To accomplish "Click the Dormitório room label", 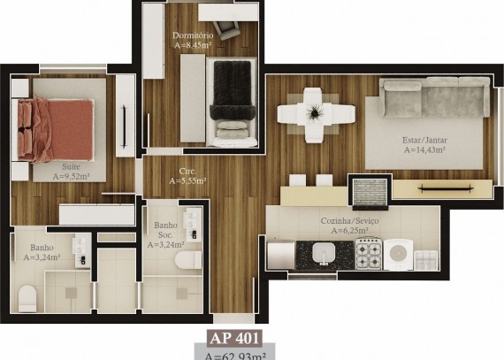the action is coord(193,35).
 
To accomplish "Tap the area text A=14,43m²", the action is coord(424,149).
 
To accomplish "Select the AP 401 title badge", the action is coord(234,338).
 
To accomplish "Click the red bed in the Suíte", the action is coord(56,129).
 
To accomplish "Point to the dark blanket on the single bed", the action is coord(232,89).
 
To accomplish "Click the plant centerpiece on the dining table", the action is coord(315,112).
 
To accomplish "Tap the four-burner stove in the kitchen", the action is coord(369,254).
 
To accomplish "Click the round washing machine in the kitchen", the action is coord(398,254).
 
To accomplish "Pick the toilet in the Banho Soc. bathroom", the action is coord(188,260).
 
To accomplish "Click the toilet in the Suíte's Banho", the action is coord(27,299).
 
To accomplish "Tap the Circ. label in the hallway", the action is coord(187,171).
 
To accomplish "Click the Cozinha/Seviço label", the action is coord(350,221).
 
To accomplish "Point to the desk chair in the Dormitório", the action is coord(227,29).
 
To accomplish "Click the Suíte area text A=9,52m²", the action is coord(71,177).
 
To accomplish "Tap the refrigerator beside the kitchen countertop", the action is coord(281,256).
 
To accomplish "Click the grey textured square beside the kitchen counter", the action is coord(370,192).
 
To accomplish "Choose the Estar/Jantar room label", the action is coord(424,140).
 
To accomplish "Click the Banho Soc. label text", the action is coord(165,230).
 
